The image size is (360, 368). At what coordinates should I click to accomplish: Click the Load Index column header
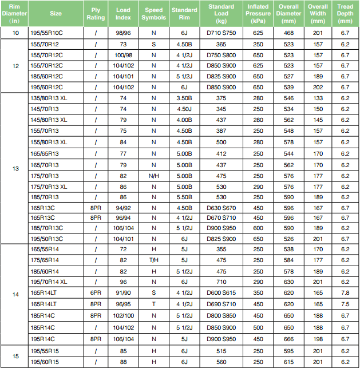[123, 14]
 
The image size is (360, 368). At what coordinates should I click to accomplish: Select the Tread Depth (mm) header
[345, 14]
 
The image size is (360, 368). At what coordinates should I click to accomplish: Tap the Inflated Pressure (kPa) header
[258, 14]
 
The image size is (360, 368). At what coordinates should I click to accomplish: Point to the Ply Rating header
[96, 14]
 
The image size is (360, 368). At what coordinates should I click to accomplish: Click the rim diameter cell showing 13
[15, 168]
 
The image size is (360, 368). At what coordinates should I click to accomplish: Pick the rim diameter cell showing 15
[15, 357]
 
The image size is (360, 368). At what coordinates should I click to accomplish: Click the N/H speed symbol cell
[154, 175]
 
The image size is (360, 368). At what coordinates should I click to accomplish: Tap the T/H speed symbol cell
[154, 260]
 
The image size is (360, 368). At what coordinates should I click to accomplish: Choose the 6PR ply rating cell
[96, 292]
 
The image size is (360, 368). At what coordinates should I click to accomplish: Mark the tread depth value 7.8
[345, 292]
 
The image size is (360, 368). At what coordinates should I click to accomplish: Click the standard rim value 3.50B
[184, 98]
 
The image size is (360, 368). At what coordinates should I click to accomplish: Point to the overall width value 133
[318, 98]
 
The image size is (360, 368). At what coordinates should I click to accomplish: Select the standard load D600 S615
[221, 292]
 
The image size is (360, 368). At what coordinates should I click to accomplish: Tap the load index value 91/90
[123, 292]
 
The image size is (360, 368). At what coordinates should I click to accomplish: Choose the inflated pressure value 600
[258, 228]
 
